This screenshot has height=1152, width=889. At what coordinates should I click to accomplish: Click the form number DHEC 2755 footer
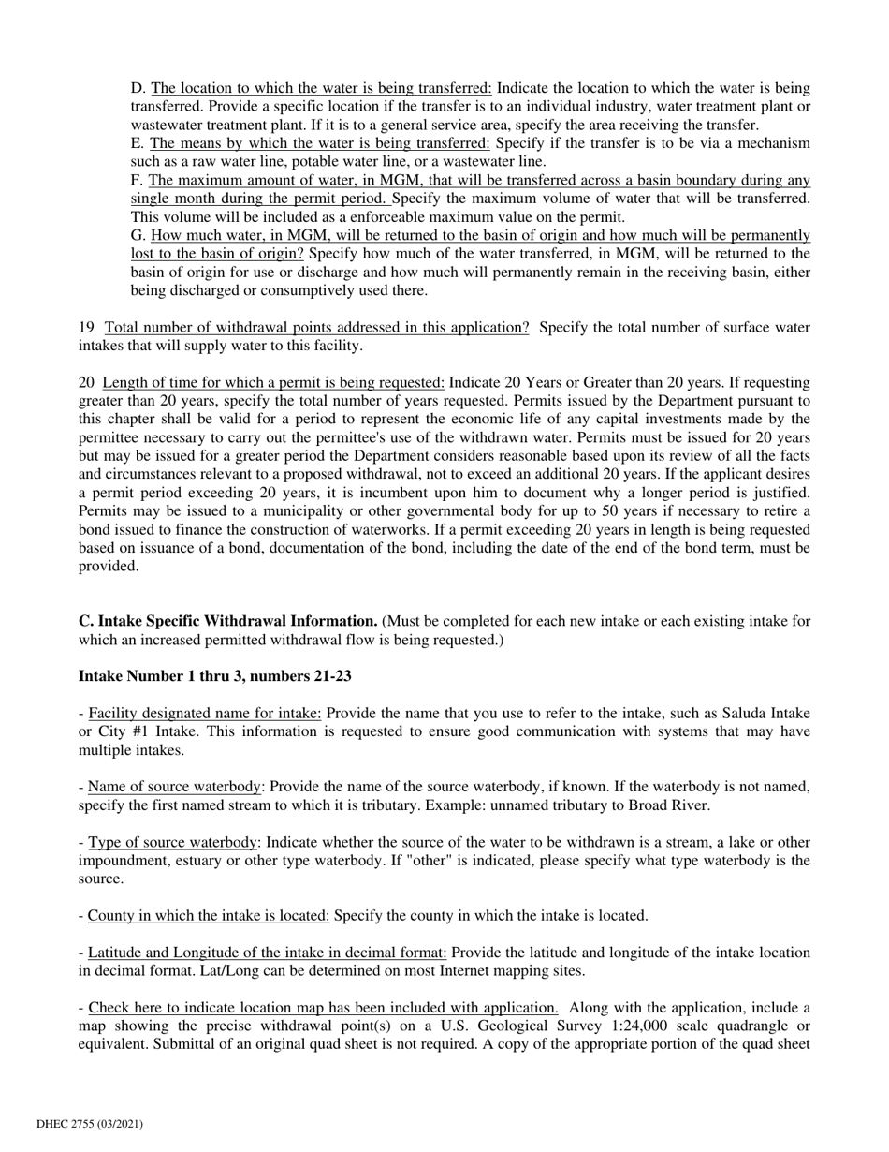pyautogui.click(x=90, y=1123)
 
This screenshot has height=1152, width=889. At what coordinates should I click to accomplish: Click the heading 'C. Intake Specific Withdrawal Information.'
pyautogui.click(x=227, y=621)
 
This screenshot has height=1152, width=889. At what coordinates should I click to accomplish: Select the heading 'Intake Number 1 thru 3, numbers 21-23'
pyautogui.click(x=214, y=676)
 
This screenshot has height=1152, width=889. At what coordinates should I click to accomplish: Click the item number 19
pyautogui.click(x=86, y=327)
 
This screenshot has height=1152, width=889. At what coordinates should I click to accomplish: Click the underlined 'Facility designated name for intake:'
pyautogui.click(x=205, y=714)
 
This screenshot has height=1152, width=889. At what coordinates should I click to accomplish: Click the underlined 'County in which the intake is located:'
pyautogui.click(x=209, y=915)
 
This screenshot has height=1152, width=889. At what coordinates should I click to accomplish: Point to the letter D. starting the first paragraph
pyautogui.click(x=138, y=88)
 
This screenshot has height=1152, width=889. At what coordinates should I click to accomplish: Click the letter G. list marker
pyautogui.click(x=138, y=235)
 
